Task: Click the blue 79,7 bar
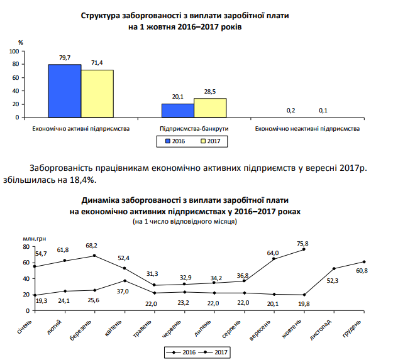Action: coord(65,90)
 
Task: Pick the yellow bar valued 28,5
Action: coord(210,108)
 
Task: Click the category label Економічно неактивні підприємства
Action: coord(307,129)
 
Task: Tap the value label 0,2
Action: coord(291,111)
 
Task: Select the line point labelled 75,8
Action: coord(304,249)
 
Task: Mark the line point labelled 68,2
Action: coord(94,255)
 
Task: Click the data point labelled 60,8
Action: coord(364,261)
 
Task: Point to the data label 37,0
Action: coord(123,291)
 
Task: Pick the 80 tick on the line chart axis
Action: coord(26,246)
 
